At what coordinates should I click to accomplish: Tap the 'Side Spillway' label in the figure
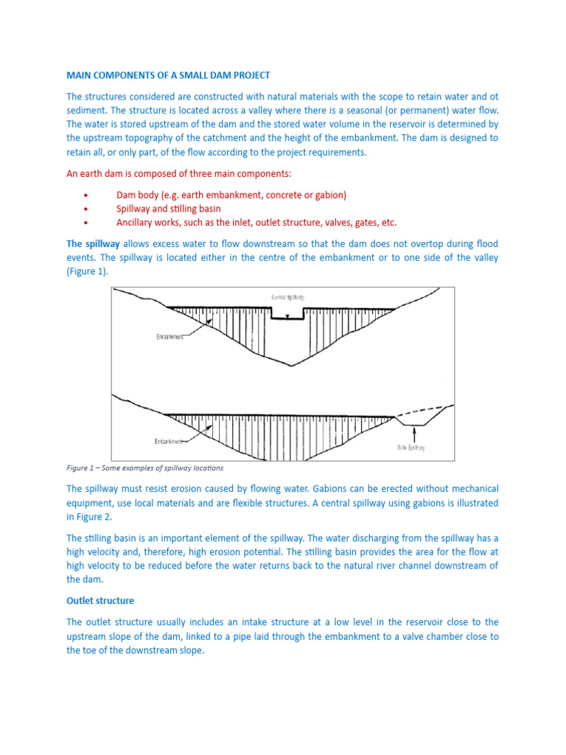[x=411, y=447]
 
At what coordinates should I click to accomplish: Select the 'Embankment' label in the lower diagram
[x=169, y=442]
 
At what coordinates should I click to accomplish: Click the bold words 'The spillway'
[x=93, y=243]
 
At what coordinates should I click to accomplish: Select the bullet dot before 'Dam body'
[x=86, y=195]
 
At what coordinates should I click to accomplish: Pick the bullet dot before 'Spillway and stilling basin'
[x=86, y=209]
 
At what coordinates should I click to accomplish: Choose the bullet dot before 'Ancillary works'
[x=86, y=223]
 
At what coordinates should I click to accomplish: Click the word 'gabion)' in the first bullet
[x=329, y=195]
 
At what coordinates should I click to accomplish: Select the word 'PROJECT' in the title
[x=248, y=75]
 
